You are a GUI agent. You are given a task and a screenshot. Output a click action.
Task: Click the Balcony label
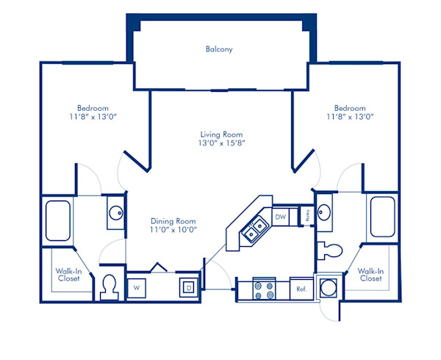pyautogui.click(x=219, y=50)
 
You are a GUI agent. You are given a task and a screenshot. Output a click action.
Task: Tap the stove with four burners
pyautogui.click(x=263, y=289)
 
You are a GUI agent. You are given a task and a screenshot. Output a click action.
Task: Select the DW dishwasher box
pyautogui.click(x=280, y=217)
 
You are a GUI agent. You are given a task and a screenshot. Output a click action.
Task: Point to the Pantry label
pyautogui.click(x=308, y=215)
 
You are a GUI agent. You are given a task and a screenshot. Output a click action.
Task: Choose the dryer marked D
pyautogui.click(x=189, y=288)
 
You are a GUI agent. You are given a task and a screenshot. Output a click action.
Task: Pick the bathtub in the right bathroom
pyautogui.click(x=382, y=217)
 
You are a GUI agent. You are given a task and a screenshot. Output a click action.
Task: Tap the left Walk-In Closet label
pyautogui.click(x=69, y=275)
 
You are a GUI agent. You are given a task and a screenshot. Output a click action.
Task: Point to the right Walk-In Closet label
pyautogui.click(x=370, y=275)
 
